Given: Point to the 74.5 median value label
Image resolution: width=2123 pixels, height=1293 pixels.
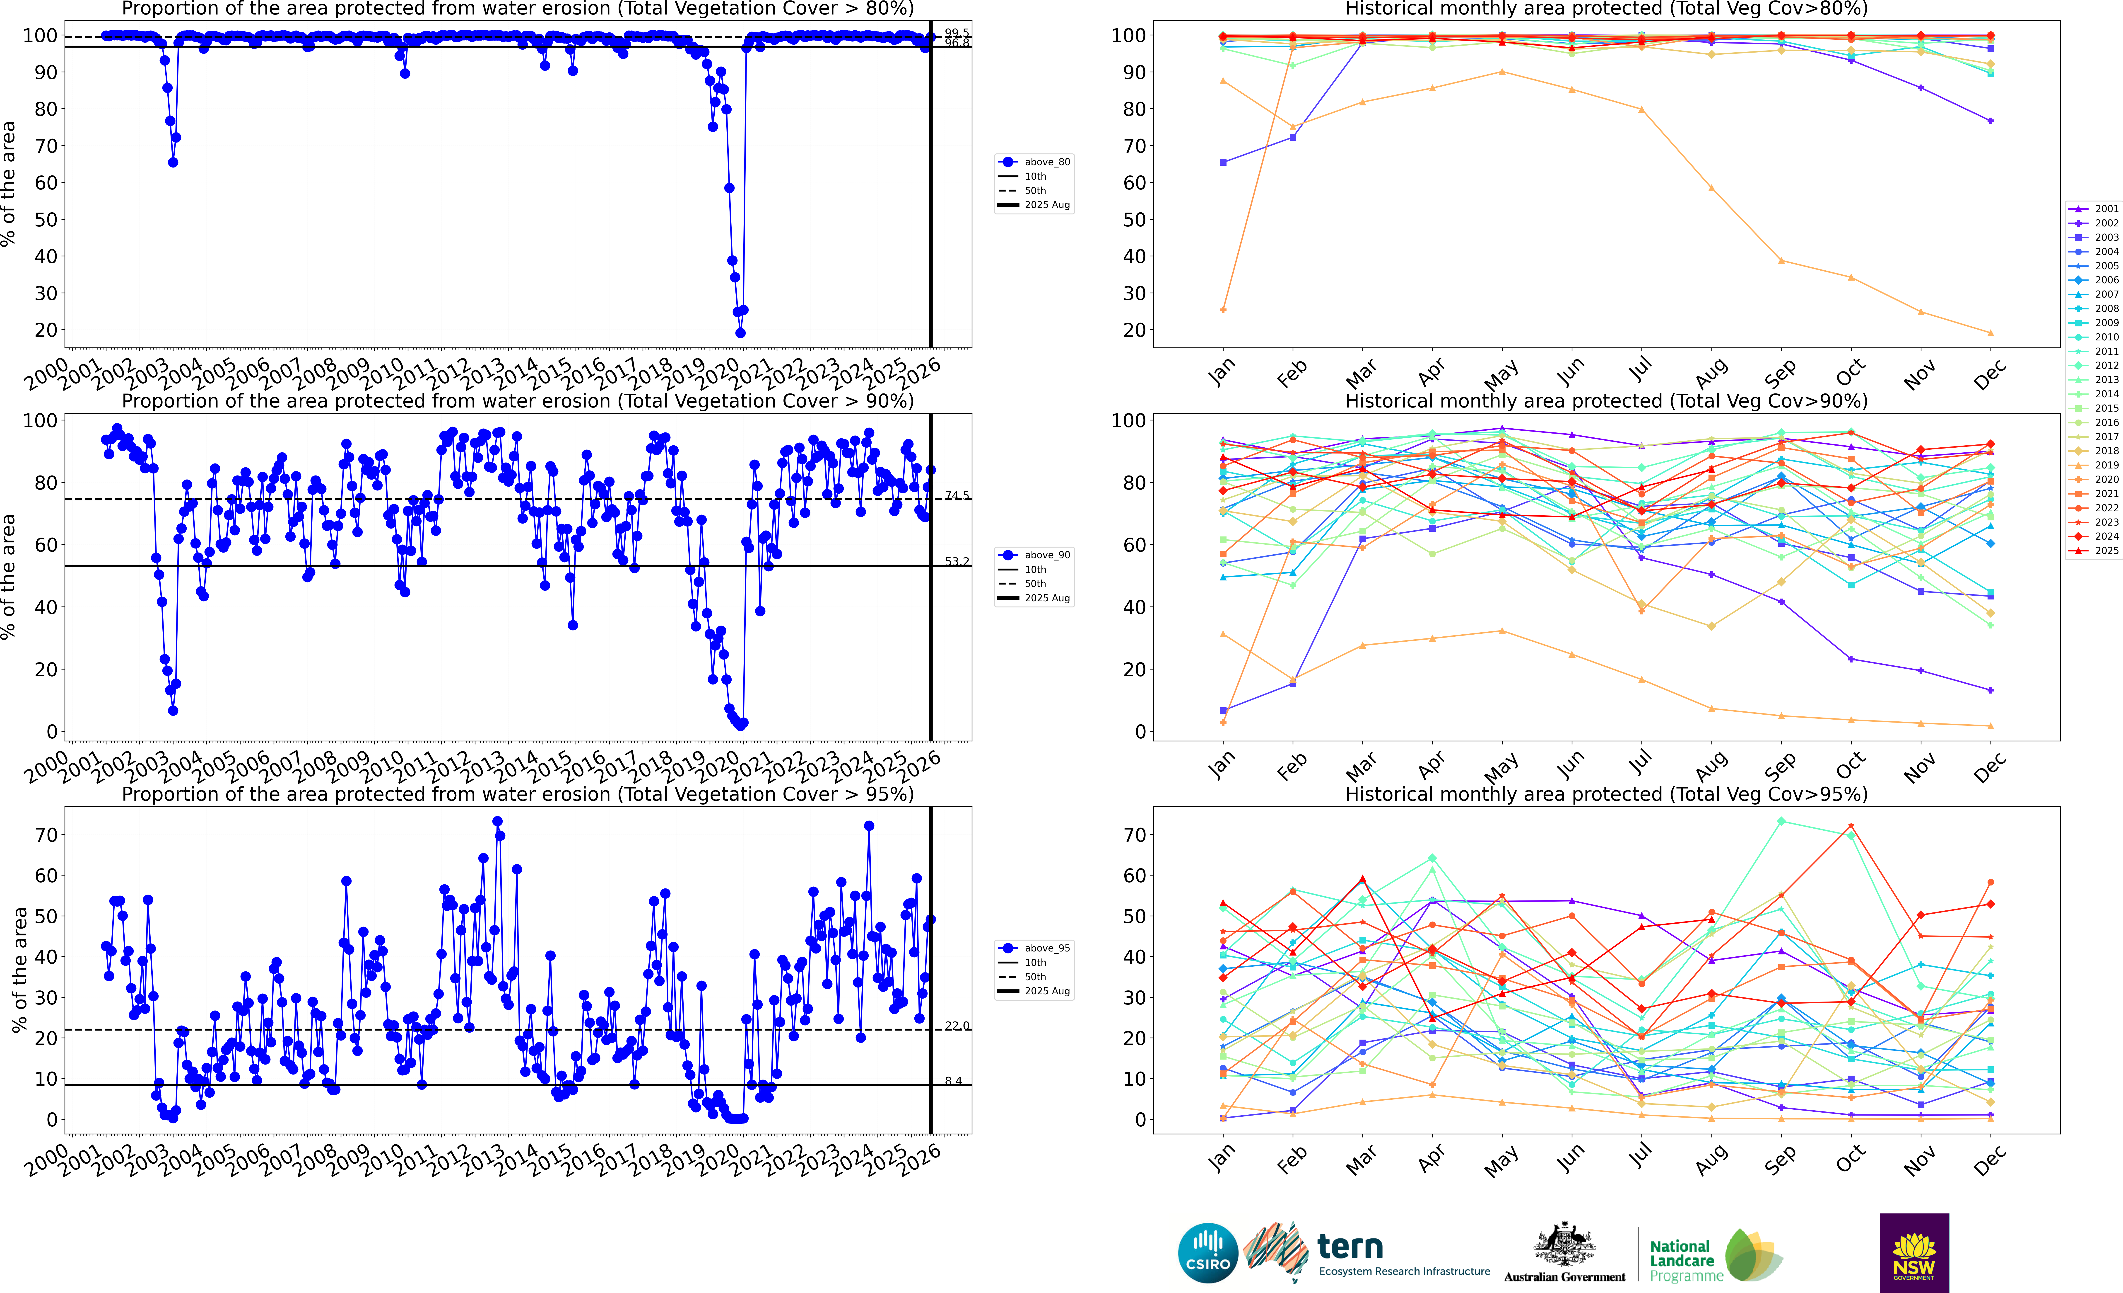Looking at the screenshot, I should point(956,496).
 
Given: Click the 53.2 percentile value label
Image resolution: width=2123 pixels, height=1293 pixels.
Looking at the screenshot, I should point(956,561).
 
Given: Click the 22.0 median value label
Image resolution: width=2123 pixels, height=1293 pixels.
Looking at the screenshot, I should point(956,1026).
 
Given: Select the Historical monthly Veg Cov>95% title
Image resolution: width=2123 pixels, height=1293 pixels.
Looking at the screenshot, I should point(1606,794).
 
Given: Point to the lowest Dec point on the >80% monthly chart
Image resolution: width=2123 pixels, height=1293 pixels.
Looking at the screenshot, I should point(1990,333).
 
